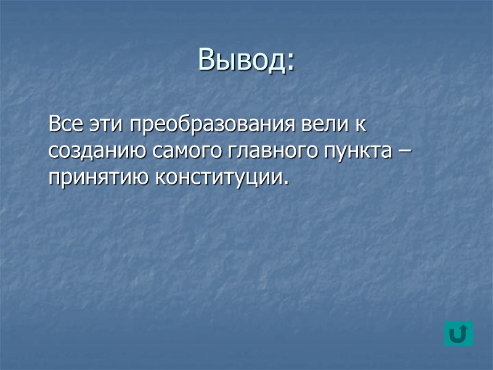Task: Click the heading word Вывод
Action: point(242,60)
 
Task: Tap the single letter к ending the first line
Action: point(360,126)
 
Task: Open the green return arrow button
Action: point(458,333)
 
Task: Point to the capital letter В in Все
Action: point(54,125)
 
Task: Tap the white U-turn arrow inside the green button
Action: point(458,334)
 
